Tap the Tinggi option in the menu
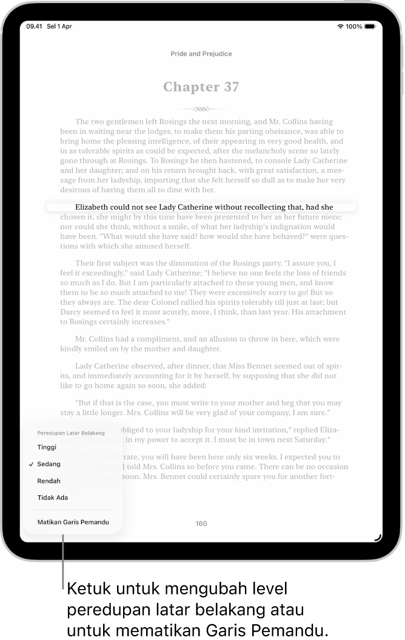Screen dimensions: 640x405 (47, 447)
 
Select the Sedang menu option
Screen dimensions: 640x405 (49, 464)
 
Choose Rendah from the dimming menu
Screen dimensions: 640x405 (49, 481)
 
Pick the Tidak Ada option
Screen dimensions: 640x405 (53, 498)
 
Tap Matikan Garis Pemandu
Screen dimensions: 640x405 (73, 522)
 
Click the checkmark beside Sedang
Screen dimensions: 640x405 (31, 464)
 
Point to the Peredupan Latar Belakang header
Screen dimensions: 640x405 (71, 433)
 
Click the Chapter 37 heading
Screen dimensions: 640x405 (201, 87)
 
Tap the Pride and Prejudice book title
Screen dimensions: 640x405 (201, 54)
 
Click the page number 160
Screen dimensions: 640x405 (201, 524)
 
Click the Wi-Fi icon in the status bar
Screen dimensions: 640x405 (341, 27)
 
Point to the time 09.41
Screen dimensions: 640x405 (35, 27)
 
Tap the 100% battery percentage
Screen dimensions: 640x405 (355, 27)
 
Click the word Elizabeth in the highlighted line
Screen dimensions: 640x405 (94, 207)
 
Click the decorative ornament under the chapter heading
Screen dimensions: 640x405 (201, 110)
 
